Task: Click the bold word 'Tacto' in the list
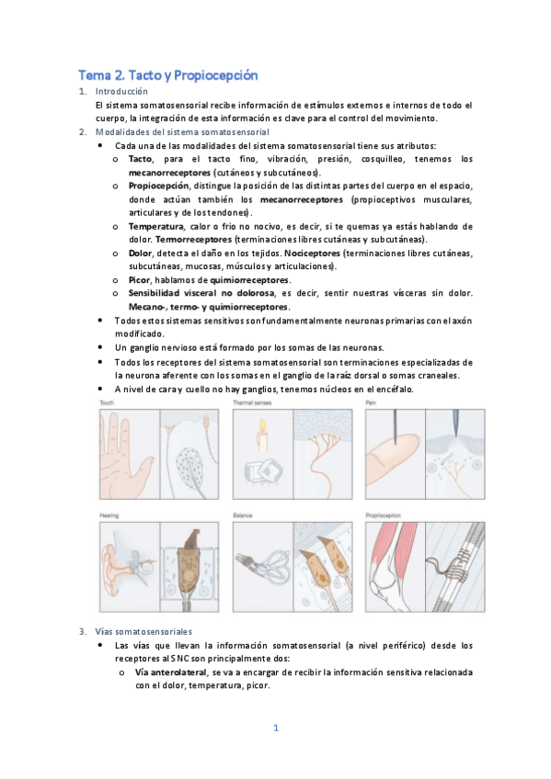[141, 159]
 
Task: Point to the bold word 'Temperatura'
[155, 226]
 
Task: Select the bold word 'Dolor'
[140, 253]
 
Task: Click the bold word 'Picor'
[140, 279]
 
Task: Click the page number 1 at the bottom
[275, 728]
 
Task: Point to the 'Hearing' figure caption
[109, 515]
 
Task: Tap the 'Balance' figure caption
[244, 515]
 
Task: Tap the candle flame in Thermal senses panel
[261, 425]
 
